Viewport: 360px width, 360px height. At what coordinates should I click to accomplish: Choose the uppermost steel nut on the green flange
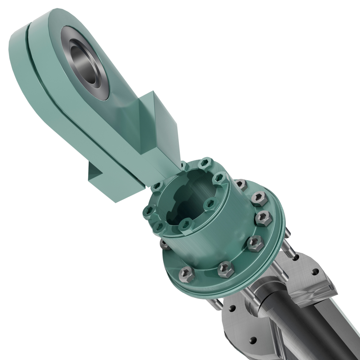240,184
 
